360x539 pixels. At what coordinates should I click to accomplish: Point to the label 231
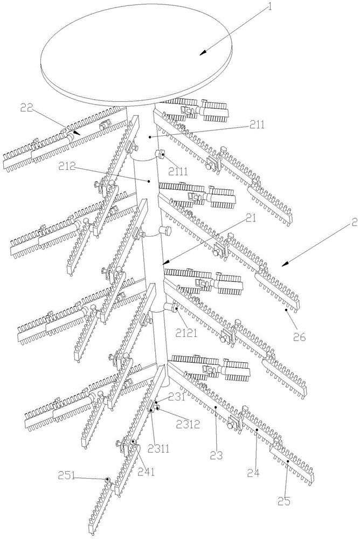(176, 398)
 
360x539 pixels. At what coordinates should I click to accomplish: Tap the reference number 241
(146, 471)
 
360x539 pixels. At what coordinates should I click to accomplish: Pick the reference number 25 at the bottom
(285, 501)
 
